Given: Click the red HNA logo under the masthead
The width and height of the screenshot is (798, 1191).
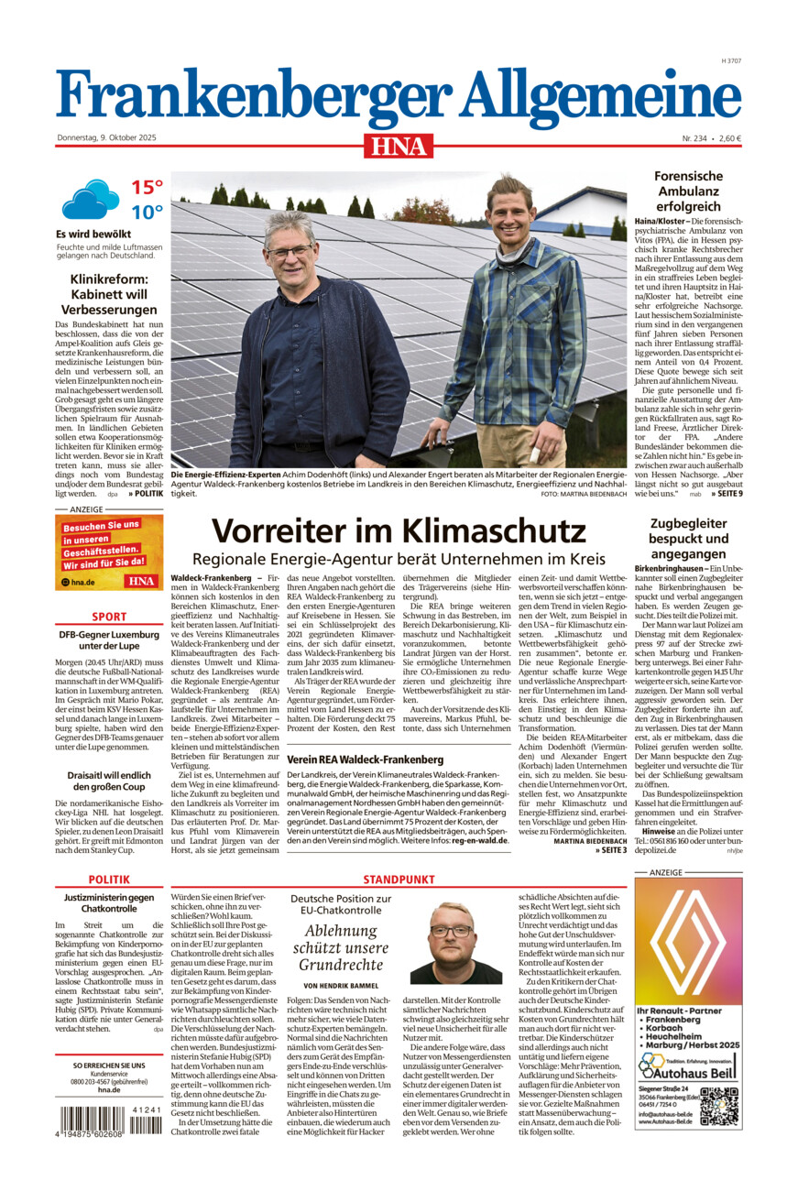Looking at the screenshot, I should (399, 146).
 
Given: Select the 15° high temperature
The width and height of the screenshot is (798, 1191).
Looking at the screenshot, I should (147, 188).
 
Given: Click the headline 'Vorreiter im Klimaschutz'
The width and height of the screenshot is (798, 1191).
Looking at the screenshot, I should (399, 530).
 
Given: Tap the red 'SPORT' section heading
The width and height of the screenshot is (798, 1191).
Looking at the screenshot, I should (109, 617).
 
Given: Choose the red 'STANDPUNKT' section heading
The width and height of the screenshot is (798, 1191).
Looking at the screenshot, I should (399, 880).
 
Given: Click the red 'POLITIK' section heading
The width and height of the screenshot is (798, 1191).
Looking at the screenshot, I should (109, 880).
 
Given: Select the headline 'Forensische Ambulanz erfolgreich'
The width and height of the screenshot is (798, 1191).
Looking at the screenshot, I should (688, 191).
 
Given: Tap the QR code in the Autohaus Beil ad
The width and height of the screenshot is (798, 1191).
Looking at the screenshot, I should (718, 1106).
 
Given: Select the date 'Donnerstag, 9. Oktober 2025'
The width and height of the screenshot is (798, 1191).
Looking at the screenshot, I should (106, 138).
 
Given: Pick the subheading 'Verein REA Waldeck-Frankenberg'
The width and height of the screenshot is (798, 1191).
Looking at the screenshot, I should (353, 759).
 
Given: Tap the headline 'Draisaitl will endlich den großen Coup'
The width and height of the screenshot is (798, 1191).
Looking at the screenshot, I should (109, 780).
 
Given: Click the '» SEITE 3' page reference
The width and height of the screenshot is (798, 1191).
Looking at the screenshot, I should (611, 850).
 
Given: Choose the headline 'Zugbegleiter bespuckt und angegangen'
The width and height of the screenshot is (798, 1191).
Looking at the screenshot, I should (688, 539).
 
